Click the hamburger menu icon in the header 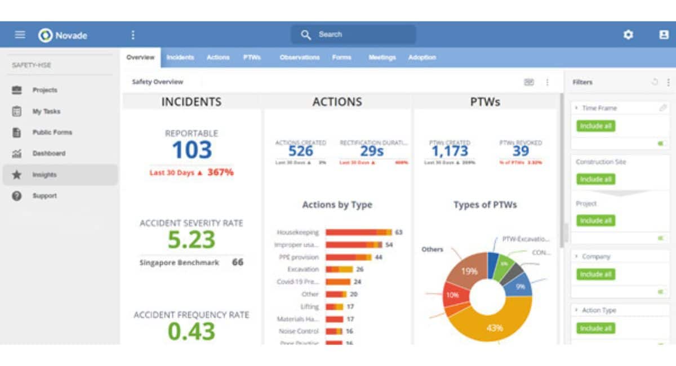[x=20, y=35]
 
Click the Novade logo [x=63, y=35]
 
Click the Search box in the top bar [x=353, y=35]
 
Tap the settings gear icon [x=628, y=35]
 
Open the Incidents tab [x=180, y=57]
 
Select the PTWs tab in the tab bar [x=252, y=57]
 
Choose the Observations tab [x=299, y=57]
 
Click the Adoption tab [x=422, y=57]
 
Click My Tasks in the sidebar [x=46, y=111]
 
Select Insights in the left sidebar [x=44, y=175]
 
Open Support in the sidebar [x=45, y=196]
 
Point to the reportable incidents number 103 [x=192, y=150]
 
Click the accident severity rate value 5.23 [x=192, y=240]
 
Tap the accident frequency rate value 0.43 [x=192, y=331]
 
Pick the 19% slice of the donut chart [x=468, y=271]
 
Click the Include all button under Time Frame [x=595, y=126]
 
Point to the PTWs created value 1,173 [x=450, y=151]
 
